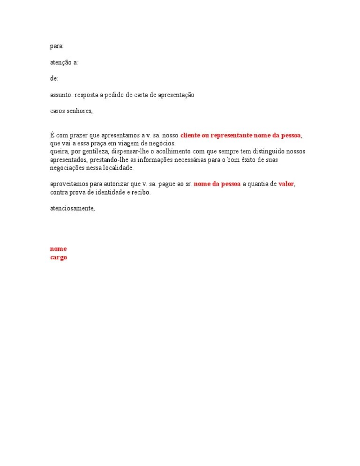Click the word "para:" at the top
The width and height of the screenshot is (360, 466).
tap(57, 46)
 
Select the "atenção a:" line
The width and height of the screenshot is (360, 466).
tap(64, 62)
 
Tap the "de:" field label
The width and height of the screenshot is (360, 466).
tap(54, 79)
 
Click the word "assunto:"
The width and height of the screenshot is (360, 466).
tap(61, 95)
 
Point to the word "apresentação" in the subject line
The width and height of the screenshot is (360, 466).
tap(176, 95)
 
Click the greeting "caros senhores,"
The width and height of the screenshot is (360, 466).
tap(72, 111)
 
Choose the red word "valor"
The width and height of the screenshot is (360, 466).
tap(286, 184)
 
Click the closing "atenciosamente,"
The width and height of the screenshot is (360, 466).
tap(72, 209)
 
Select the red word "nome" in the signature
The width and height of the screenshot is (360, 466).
tap(58, 249)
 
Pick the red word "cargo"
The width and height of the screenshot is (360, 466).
tap(59, 257)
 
